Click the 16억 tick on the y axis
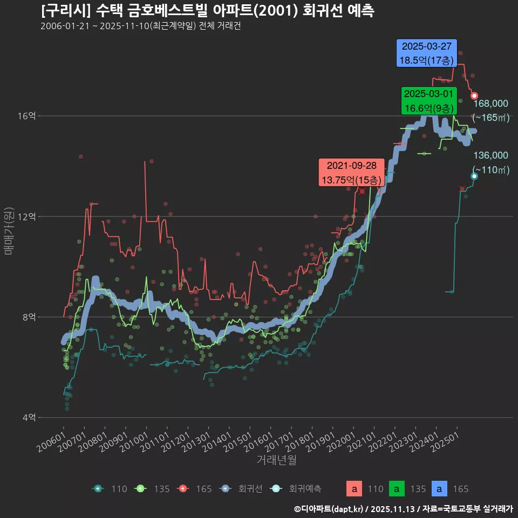pyautogui.click(x=29, y=116)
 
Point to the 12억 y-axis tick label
pyautogui.click(x=29, y=216)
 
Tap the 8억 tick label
pyautogui.click(x=29, y=317)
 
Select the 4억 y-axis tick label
pyautogui.click(x=29, y=417)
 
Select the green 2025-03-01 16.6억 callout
pyautogui.click(x=429, y=100)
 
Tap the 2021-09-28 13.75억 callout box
pyautogui.click(x=351, y=172)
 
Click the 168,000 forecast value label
pyautogui.click(x=490, y=104)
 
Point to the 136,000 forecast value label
pyautogui.click(x=490, y=155)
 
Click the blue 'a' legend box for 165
pyautogui.click(x=440, y=489)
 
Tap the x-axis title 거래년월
pyautogui.click(x=276, y=460)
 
